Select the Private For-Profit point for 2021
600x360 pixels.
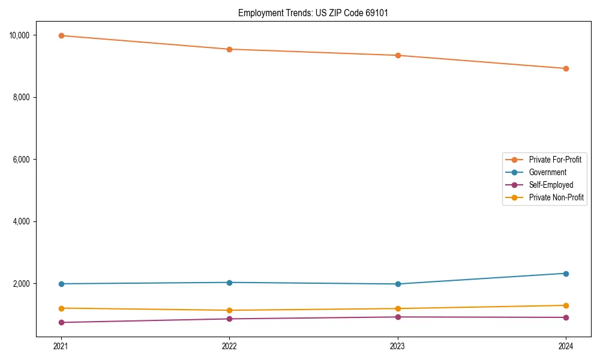(x=61, y=35)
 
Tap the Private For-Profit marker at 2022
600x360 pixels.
(x=229, y=49)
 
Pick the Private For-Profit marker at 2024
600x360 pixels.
(x=566, y=68)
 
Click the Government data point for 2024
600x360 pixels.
(x=566, y=274)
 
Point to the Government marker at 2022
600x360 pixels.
(x=229, y=283)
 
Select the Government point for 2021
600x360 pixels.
(x=61, y=284)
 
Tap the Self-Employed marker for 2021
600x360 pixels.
(x=61, y=322)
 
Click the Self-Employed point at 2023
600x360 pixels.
(x=398, y=317)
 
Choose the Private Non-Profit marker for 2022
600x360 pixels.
(x=229, y=310)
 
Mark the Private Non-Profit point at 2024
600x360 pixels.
(x=566, y=305)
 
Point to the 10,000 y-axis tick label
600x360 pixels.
(x=20, y=35)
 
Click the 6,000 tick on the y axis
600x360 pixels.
(x=22, y=160)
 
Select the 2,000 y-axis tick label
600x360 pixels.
(x=22, y=284)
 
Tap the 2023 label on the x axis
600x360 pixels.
(x=398, y=346)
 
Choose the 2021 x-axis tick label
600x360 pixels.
(x=61, y=346)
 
